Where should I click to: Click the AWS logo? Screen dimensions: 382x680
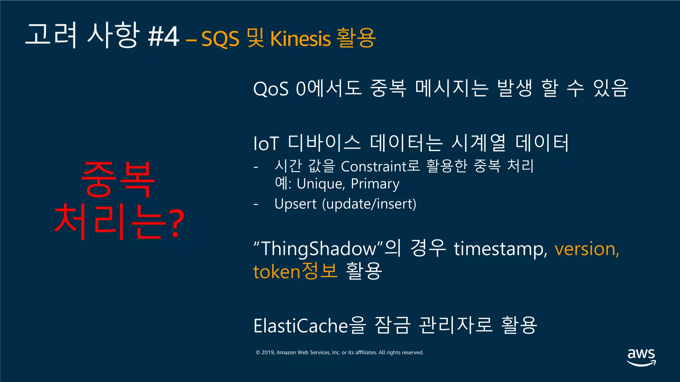pyautogui.click(x=641, y=357)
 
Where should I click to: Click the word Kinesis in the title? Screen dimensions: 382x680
pyautogui.click(x=300, y=38)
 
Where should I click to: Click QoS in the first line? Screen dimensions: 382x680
pyautogui.click(x=271, y=89)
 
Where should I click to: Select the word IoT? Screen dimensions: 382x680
pyautogui.click(x=266, y=144)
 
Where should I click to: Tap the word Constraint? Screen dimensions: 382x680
pyautogui.click(x=374, y=166)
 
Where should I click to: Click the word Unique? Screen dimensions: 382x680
pyautogui.click(x=321, y=184)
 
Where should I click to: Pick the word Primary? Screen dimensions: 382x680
pyautogui.click(x=375, y=184)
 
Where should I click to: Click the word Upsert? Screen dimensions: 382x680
pyautogui.click(x=296, y=204)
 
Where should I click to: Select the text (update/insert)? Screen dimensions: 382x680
pyautogui.click(x=369, y=204)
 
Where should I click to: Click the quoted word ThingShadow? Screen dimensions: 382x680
pyautogui.click(x=318, y=249)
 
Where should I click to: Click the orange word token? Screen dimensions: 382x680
pyautogui.click(x=277, y=272)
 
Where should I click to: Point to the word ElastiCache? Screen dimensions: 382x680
pyautogui.click(x=300, y=325)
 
